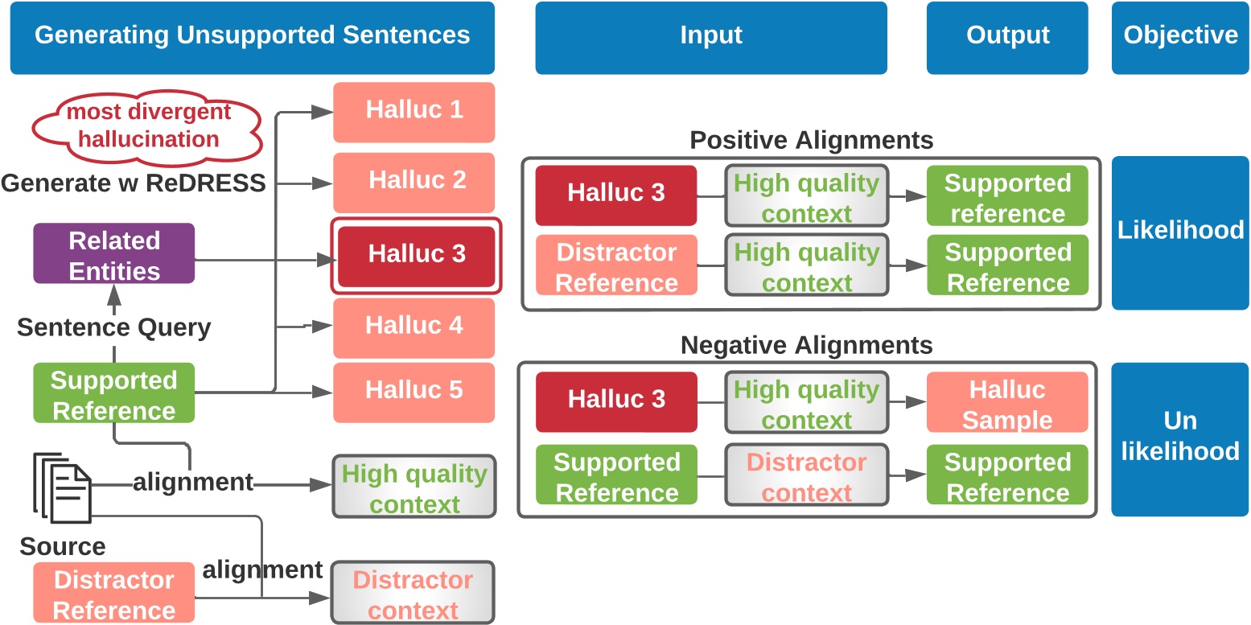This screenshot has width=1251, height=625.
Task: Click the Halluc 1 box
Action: click(x=414, y=111)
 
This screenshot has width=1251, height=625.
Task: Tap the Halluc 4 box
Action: click(x=414, y=327)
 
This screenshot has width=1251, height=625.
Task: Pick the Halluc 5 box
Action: click(x=414, y=392)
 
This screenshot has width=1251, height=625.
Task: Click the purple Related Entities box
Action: click(x=113, y=253)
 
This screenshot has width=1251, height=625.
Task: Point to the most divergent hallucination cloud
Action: click(x=148, y=125)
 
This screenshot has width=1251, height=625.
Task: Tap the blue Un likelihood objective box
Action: click(x=1180, y=439)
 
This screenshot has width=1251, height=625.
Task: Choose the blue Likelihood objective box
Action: click(x=1180, y=232)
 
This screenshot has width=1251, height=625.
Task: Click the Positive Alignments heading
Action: click(x=811, y=141)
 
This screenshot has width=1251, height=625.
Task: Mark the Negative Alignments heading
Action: click(x=806, y=346)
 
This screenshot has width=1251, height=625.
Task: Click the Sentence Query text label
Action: click(x=113, y=328)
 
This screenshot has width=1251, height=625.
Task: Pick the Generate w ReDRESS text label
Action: click(x=134, y=184)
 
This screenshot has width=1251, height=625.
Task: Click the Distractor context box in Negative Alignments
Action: click(x=806, y=477)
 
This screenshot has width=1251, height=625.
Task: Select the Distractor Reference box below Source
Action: click(x=113, y=594)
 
